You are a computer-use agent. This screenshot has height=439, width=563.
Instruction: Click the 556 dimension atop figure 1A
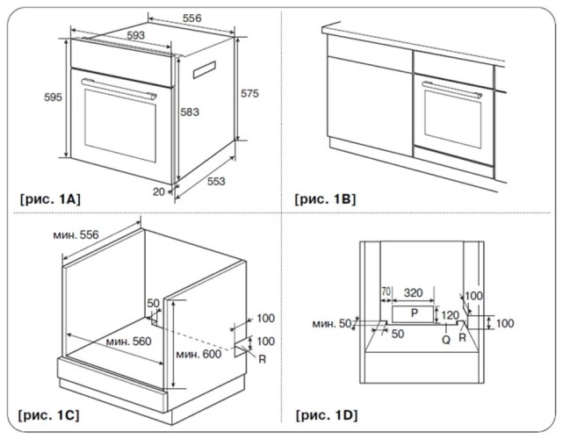pyautogui.click(x=191, y=18)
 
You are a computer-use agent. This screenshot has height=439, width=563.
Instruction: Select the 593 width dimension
pyautogui.click(x=136, y=35)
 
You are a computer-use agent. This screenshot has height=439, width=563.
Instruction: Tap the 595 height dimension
pyautogui.click(x=54, y=97)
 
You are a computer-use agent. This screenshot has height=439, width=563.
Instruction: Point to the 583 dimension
pyautogui.click(x=190, y=112)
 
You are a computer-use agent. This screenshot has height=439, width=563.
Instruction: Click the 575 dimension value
pyautogui.click(x=249, y=93)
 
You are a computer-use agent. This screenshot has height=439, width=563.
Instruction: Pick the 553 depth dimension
pyautogui.click(x=216, y=181)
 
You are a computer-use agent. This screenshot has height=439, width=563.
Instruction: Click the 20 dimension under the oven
pyautogui.click(x=159, y=192)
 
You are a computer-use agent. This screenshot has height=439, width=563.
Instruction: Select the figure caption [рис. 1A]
pyautogui.click(x=50, y=198)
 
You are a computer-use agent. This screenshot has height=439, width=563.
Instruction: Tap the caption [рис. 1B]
pyautogui.click(x=325, y=198)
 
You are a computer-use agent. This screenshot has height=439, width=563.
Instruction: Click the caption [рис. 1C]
pyautogui.click(x=49, y=415)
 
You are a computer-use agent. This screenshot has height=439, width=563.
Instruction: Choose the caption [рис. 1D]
pyautogui.click(x=327, y=415)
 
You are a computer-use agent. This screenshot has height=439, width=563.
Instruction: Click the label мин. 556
pyautogui.click(x=76, y=234)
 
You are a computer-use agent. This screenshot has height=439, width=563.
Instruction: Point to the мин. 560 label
pyautogui.click(x=128, y=341)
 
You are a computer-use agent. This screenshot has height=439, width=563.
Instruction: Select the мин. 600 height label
pyautogui.click(x=198, y=355)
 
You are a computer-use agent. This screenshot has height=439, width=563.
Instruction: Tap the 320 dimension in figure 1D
pyautogui.click(x=414, y=293)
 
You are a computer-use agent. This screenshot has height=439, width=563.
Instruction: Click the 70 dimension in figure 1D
pyautogui.click(x=386, y=291)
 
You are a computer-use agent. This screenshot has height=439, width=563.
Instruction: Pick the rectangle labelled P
pyautogui.click(x=414, y=314)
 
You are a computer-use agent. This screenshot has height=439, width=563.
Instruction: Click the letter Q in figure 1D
pyautogui.click(x=446, y=340)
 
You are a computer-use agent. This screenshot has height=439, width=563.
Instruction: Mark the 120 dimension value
pyautogui.click(x=451, y=315)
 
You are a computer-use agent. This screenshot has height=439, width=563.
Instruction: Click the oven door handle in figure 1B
pyautogui.click(x=452, y=90)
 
